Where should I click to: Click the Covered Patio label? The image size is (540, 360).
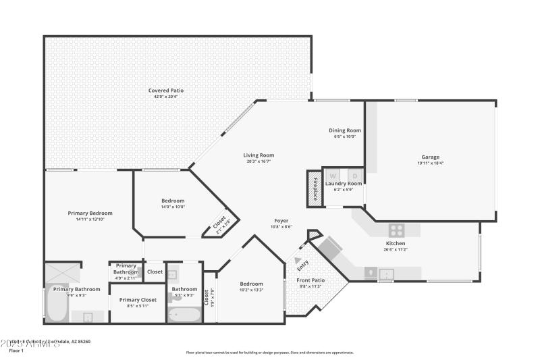click(165, 91)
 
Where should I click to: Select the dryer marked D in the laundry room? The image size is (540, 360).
click(355, 176)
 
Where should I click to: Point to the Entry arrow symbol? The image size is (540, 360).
click(298, 259)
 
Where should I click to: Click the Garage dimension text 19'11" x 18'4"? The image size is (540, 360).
click(430, 163)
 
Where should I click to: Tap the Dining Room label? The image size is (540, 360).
click(344, 130)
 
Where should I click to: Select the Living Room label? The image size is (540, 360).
click(259, 155)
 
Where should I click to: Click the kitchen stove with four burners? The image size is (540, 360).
click(396, 229)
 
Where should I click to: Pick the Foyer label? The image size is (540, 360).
click(281, 221)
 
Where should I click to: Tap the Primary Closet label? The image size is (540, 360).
click(138, 300)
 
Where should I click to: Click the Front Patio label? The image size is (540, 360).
click(310, 280)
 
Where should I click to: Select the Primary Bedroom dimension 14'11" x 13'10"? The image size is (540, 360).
click(90, 219)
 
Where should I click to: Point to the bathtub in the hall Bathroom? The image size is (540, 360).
click(184, 315)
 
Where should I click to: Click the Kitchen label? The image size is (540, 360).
click(395, 243)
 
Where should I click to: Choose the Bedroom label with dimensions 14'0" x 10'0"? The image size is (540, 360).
click(173, 201)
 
